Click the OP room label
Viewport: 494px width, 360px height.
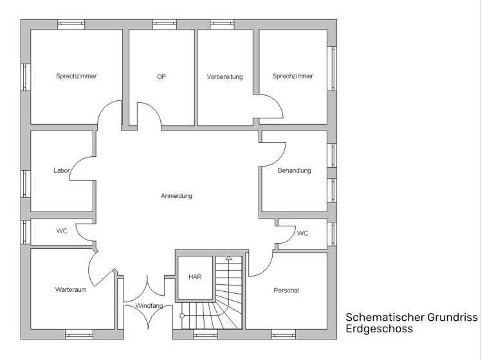pos(161,76)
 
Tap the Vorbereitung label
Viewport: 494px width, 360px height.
pos(224,77)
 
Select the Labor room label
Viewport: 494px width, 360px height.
pos(62,171)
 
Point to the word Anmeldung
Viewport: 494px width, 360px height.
pos(176,196)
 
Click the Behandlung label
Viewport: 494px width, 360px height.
pos(294,171)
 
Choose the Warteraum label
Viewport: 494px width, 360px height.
pos(71,290)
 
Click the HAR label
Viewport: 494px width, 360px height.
pos(194,277)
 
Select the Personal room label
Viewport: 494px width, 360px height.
pos(286,291)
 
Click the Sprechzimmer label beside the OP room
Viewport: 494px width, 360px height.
pos(77,76)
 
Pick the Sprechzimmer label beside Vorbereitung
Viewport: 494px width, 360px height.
pos(293,76)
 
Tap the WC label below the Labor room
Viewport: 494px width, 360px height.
pos(62,231)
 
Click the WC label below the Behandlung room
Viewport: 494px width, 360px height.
pos(302,233)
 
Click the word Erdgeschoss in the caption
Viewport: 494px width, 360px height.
pos(379,329)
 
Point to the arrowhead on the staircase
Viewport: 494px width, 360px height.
pos(228,258)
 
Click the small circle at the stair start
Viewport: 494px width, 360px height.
pos(182,316)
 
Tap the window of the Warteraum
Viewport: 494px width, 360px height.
pos(79,334)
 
